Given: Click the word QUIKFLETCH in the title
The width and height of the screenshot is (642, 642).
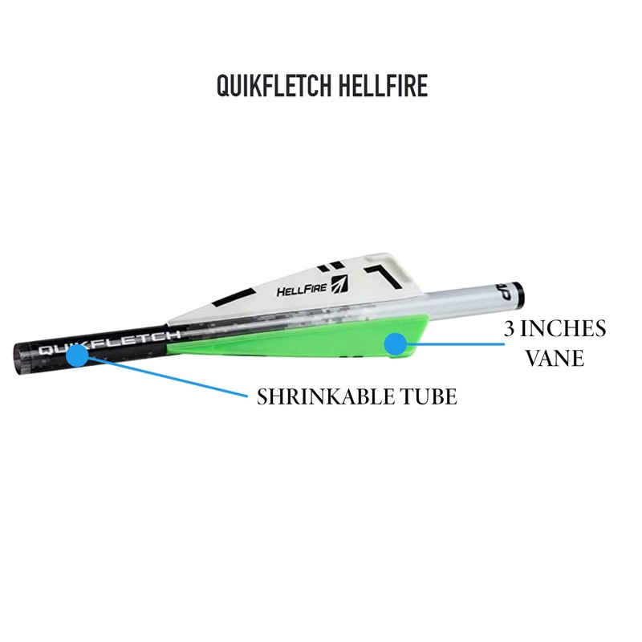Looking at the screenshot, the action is pos(270,86).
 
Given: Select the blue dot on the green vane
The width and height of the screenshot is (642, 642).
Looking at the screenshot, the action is pos(395,343).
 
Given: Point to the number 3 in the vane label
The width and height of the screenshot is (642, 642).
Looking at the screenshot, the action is pos(510,329).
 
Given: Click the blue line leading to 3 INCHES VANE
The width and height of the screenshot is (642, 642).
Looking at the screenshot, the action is pos(449,343).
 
